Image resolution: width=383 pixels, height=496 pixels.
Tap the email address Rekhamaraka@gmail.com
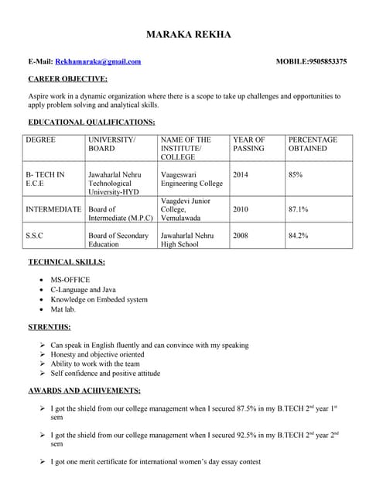click(x=98, y=61)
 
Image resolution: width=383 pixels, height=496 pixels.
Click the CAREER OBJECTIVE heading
click(x=68, y=79)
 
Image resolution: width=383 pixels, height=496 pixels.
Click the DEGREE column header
click(x=40, y=140)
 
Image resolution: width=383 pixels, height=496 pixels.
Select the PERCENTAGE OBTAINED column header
click(x=313, y=144)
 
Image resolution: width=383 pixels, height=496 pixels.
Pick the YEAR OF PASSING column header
click(x=248, y=144)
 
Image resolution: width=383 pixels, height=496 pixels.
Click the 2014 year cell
click(x=241, y=175)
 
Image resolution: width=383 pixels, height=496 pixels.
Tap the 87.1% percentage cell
click(x=298, y=209)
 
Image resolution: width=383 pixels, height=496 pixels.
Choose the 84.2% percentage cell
click(x=298, y=236)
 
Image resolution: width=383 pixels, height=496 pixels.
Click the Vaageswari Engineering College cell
click(x=191, y=179)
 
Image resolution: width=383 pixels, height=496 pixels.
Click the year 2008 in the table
click(x=241, y=236)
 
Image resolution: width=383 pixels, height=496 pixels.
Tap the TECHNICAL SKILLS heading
click(x=73, y=262)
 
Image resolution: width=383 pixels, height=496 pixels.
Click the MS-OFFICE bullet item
click(x=70, y=279)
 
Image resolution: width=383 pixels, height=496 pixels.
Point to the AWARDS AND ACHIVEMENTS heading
click(x=84, y=390)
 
